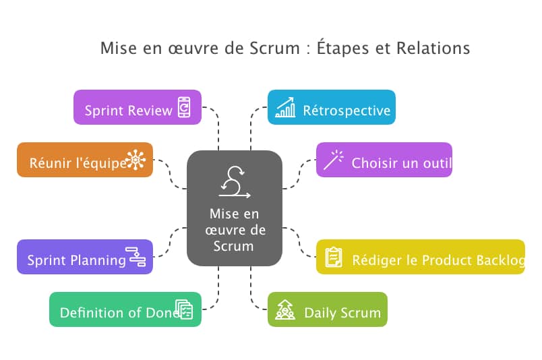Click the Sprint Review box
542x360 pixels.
point(128,110)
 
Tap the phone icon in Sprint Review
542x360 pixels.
point(184,108)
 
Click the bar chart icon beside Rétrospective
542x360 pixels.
point(285,107)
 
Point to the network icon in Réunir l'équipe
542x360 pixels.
point(135,160)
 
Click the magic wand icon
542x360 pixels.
point(333,160)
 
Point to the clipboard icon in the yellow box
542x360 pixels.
point(334,257)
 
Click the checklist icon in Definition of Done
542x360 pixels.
point(184,309)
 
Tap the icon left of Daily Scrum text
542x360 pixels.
point(285,310)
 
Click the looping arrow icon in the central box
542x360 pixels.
point(234,182)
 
